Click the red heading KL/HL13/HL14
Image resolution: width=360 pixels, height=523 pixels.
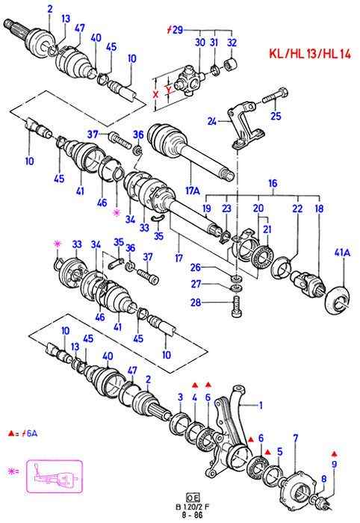click(x=310, y=54)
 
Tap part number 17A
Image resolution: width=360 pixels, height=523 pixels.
click(x=193, y=191)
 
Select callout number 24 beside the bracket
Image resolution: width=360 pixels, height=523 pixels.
click(x=212, y=121)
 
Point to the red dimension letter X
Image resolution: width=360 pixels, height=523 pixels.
click(x=155, y=94)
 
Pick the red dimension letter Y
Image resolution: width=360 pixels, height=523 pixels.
click(x=169, y=89)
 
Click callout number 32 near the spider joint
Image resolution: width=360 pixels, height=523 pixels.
click(x=232, y=43)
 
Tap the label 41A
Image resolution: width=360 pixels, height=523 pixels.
click(x=342, y=253)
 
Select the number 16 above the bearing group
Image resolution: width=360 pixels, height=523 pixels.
click(x=273, y=183)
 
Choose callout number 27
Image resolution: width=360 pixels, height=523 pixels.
click(x=196, y=284)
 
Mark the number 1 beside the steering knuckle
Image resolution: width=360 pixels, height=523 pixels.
click(x=261, y=405)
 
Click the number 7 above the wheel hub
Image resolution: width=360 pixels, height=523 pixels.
click(x=295, y=438)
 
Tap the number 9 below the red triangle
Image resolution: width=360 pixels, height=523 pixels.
click(x=335, y=464)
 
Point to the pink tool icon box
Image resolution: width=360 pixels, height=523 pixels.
click(x=55, y=476)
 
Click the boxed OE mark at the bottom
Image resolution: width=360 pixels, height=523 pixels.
click(x=193, y=498)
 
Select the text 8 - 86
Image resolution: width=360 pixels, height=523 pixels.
click(x=193, y=515)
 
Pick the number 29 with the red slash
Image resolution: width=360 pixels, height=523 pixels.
click(x=178, y=30)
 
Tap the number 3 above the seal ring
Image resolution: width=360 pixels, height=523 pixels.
click(x=180, y=397)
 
